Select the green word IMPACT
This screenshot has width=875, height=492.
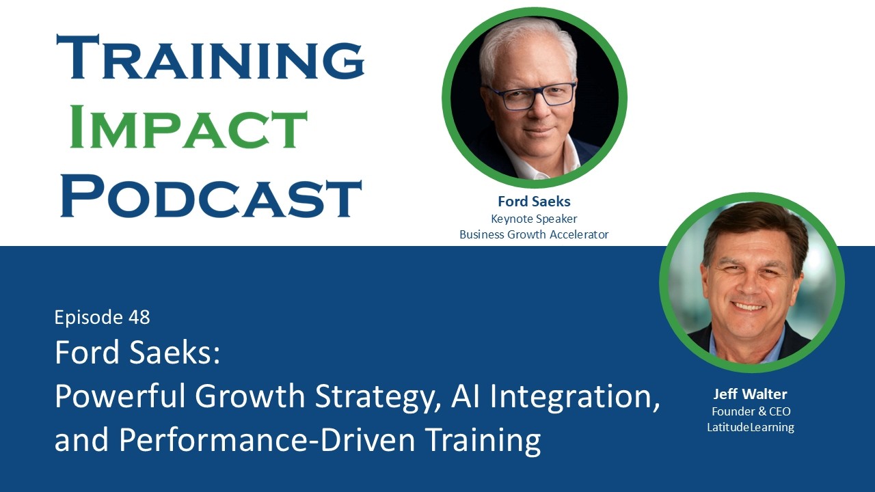tap(188, 128)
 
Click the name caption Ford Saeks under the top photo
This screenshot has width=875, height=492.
tap(534, 202)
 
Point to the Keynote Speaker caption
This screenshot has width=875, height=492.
tap(534, 219)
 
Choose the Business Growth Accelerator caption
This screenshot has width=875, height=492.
tap(534, 234)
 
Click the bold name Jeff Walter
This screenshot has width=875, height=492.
tap(750, 394)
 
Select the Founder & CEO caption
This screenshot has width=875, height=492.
tap(751, 411)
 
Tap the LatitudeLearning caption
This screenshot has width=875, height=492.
tap(751, 428)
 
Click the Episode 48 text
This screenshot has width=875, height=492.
tap(102, 317)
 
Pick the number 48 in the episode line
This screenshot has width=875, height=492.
tap(138, 317)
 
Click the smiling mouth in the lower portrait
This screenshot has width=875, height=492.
tap(748, 306)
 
